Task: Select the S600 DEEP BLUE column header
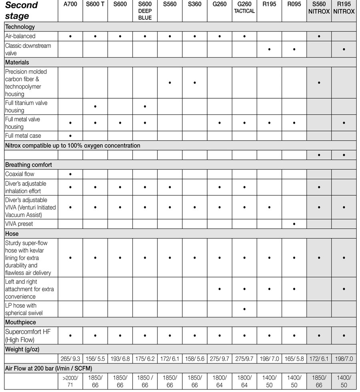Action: click(x=145, y=11)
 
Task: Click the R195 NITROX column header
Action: click(x=344, y=8)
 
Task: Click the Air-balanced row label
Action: click(x=20, y=36)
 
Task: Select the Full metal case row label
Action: click(x=23, y=136)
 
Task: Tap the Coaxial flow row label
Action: click(x=20, y=174)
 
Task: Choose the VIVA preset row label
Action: click(x=19, y=224)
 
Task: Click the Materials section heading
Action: click(x=17, y=63)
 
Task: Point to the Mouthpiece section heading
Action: click(x=20, y=322)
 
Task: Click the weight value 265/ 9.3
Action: click(x=70, y=359)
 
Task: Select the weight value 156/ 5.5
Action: click(x=95, y=359)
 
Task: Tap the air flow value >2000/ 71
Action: click(x=70, y=381)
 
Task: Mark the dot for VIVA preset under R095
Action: click(x=294, y=224)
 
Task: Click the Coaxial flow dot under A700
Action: click(x=70, y=174)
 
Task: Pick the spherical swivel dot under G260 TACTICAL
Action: click(x=244, y=309)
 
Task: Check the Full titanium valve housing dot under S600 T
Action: click(x=95, y=107)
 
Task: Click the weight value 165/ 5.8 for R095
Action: click(x=294, y=359)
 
